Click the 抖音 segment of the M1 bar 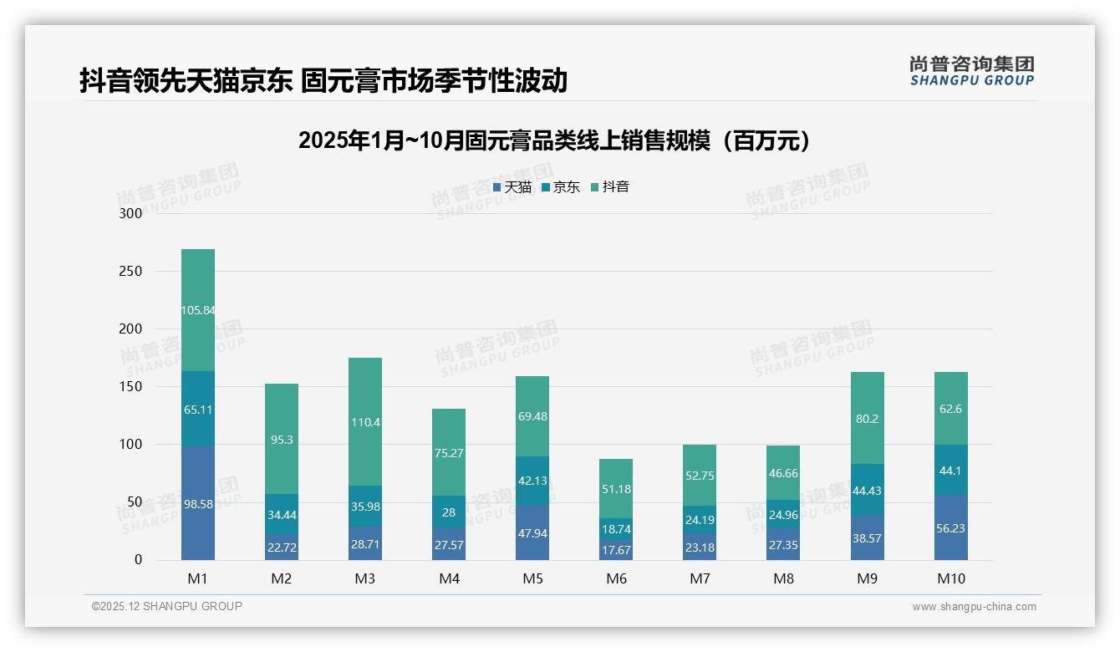(198, 310)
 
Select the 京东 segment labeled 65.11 (198, 409)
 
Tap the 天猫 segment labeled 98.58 (198, 503)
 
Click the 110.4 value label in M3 (365, 422)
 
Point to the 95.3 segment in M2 (282, 440)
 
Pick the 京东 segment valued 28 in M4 (449, 512)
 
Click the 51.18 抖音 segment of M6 (616, 489)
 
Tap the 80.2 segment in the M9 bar (867, 419)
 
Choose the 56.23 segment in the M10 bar (950, 527)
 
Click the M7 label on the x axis (700, 578)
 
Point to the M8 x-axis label (783, 578)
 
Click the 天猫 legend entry (512, 187)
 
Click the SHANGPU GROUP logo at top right (971, 71)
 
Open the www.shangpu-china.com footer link (974, 607)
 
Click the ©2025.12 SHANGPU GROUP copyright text (167, 606)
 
